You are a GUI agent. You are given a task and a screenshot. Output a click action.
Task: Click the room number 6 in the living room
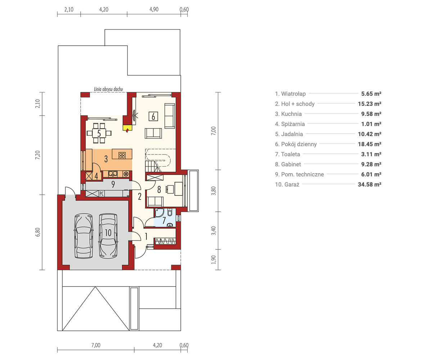(153, 116)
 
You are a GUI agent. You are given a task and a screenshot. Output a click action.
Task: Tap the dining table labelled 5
(99, 133)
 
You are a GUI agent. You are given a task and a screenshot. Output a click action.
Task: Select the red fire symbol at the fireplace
(127, 130)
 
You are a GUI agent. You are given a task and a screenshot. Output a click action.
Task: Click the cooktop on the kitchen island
(122, 156)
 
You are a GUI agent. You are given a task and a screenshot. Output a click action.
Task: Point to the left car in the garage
(84, 236)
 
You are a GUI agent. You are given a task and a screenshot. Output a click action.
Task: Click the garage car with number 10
(108, 236)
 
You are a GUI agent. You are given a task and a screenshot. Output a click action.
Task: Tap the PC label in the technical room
(102, 194)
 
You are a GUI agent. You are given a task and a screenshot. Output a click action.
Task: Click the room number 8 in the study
(159, 189)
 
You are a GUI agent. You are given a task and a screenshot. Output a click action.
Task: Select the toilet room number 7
(164, 221)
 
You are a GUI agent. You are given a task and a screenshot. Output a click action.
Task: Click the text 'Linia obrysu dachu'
(108, 89)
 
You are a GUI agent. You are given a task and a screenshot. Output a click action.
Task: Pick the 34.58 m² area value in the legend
(369, 184)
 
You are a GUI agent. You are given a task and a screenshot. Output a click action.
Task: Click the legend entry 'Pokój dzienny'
(296, 144)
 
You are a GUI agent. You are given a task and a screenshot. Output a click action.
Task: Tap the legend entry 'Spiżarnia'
(290, 124)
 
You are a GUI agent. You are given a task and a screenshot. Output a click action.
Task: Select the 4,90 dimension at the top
(154, 9)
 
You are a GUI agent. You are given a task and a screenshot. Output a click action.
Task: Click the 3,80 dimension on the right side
(213, 190)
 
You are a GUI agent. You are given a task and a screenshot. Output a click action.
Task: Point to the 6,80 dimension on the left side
(38, 232)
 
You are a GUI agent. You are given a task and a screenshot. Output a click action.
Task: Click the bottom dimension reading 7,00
(96, 345)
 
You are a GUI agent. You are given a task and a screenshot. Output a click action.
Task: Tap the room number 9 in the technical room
(113, 184)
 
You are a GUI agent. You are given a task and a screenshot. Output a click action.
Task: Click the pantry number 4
(96, 176)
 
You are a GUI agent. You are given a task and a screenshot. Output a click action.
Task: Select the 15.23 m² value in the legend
(369, 104)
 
